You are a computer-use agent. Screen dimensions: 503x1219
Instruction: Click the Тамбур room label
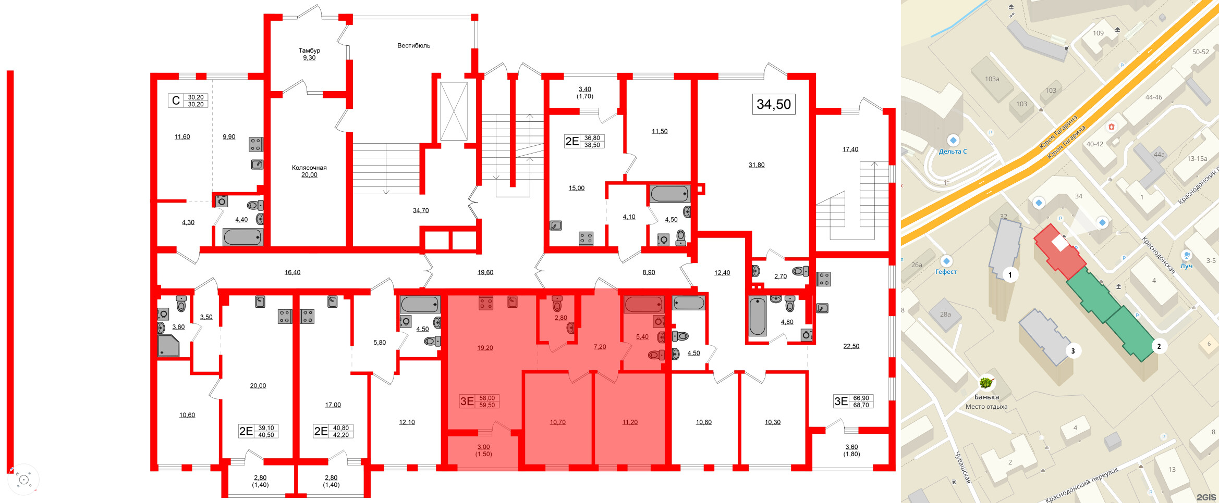[x=309, y=51]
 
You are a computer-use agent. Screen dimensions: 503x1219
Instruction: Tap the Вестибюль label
[x=413, y=46]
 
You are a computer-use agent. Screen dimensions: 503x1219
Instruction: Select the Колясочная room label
[x=309, y=168]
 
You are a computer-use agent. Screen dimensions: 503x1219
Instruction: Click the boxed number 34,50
[x=774, y=104]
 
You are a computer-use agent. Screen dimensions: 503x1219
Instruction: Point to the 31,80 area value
[x=757, y=165]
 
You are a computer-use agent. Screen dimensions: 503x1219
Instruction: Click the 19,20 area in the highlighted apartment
[x=485, y=348]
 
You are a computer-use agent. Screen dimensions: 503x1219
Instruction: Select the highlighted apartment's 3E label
[x=467, y=401]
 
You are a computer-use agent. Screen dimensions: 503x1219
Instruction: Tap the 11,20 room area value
[x=630, y=422]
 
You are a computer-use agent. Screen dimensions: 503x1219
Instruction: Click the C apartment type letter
[x=176, y=100]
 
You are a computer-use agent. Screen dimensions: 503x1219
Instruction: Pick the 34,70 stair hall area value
[x=421, y=211]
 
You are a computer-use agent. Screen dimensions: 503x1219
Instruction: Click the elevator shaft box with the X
[x=454, y=111]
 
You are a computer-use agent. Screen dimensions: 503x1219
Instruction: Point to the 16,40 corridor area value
[x=292, y=272]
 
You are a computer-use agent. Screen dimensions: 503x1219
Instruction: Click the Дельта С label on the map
[x=953, y=152]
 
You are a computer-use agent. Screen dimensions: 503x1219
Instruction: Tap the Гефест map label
[x=946, y=272]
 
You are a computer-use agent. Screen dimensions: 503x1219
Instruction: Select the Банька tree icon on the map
[x=986, y=383]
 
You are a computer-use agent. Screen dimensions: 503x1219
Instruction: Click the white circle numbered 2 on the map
[x=1159, y=346]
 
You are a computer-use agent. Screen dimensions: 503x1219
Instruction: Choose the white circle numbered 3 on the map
[x=1073, y=351]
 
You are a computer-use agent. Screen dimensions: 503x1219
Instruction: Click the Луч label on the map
[x=1187, y=266]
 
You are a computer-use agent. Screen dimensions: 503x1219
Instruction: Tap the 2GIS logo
[x=1206, y=497]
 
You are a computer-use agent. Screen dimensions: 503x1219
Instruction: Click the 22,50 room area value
[x=851, y=346]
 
